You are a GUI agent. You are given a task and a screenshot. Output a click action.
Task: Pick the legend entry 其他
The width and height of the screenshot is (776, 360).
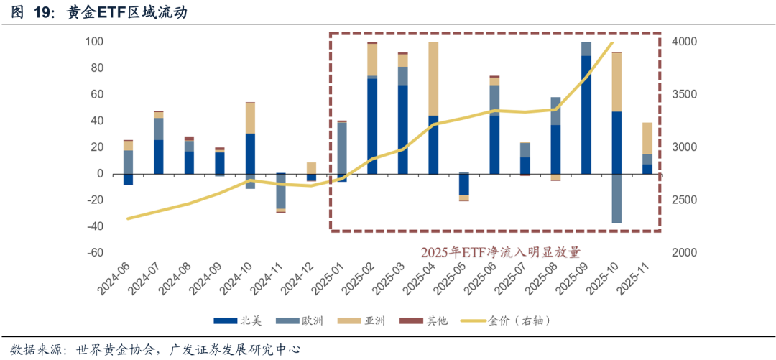coord(437,320)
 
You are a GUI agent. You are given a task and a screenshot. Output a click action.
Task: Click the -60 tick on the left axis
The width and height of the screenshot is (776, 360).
coord(94,253)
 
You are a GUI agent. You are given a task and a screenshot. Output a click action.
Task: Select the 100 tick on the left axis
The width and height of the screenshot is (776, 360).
coord(94,42)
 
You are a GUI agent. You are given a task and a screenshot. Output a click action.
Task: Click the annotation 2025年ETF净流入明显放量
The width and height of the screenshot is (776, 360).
coord(500,251)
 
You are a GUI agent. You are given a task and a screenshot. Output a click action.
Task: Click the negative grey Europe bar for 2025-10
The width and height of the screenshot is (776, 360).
coord(617,198)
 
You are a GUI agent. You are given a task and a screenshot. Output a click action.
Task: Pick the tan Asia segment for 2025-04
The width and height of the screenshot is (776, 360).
coord(433,78)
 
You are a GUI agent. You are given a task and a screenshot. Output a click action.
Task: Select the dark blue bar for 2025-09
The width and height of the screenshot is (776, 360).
coord(586,115)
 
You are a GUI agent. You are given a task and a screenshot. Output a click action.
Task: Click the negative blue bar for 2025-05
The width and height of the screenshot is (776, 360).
coord(464,185)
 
